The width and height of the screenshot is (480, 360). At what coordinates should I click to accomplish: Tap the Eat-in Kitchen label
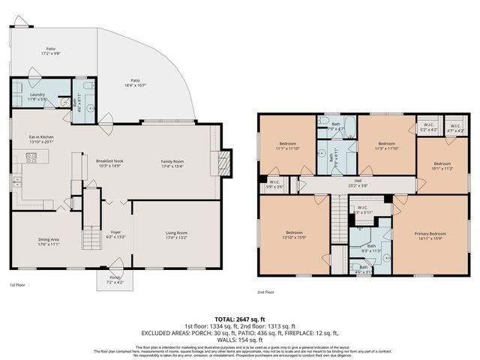coord(41,139)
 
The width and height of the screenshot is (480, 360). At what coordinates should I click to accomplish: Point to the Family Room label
coord(172,163)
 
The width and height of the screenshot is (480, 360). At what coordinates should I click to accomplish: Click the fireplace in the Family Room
coord(219,160)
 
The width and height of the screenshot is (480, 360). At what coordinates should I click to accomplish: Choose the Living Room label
coord(176,235)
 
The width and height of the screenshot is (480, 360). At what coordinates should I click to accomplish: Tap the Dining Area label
coord(49,241)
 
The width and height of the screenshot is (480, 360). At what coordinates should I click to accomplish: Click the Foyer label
coord(116,234)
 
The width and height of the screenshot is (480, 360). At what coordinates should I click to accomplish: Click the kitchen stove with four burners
coord(31,157)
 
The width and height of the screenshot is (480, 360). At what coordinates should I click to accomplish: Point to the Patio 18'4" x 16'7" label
coord(135,82)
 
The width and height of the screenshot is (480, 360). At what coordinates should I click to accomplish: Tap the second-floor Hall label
coord(358,181)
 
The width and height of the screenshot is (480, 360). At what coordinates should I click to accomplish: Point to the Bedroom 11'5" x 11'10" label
coord(386,145)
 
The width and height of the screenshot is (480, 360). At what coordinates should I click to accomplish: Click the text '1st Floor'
coord(19,285)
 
